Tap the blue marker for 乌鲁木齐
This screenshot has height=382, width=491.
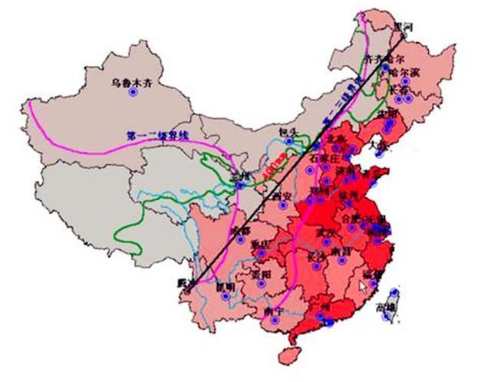133,92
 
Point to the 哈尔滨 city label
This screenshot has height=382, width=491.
404,72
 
